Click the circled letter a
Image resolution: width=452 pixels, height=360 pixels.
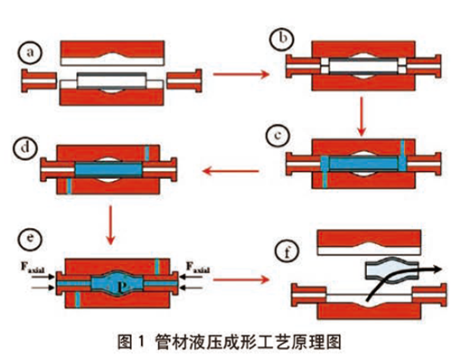[30, 52]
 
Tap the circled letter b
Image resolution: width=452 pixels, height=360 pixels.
[282, 38]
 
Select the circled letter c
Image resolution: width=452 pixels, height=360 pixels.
[278, 135]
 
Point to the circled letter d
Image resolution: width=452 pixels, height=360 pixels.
[25, 147]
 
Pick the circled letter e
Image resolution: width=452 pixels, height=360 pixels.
[30, 238]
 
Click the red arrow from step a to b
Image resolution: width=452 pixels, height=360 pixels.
[241, 73]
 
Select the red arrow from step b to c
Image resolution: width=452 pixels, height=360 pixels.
[362, 116]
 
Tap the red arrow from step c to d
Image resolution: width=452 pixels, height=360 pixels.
[231, 171]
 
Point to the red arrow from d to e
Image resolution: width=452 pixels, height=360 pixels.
[111, 224]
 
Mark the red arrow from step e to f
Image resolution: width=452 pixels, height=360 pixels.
[241, 279]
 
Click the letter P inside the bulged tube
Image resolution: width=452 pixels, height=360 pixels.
[121, 288]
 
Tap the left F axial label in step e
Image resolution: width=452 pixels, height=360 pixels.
[33, 268]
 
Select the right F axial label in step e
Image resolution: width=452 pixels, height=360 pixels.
[198, 268]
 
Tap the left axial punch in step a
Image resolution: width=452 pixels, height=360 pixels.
[39, 81]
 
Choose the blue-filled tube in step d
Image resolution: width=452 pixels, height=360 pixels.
[108, 169]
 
